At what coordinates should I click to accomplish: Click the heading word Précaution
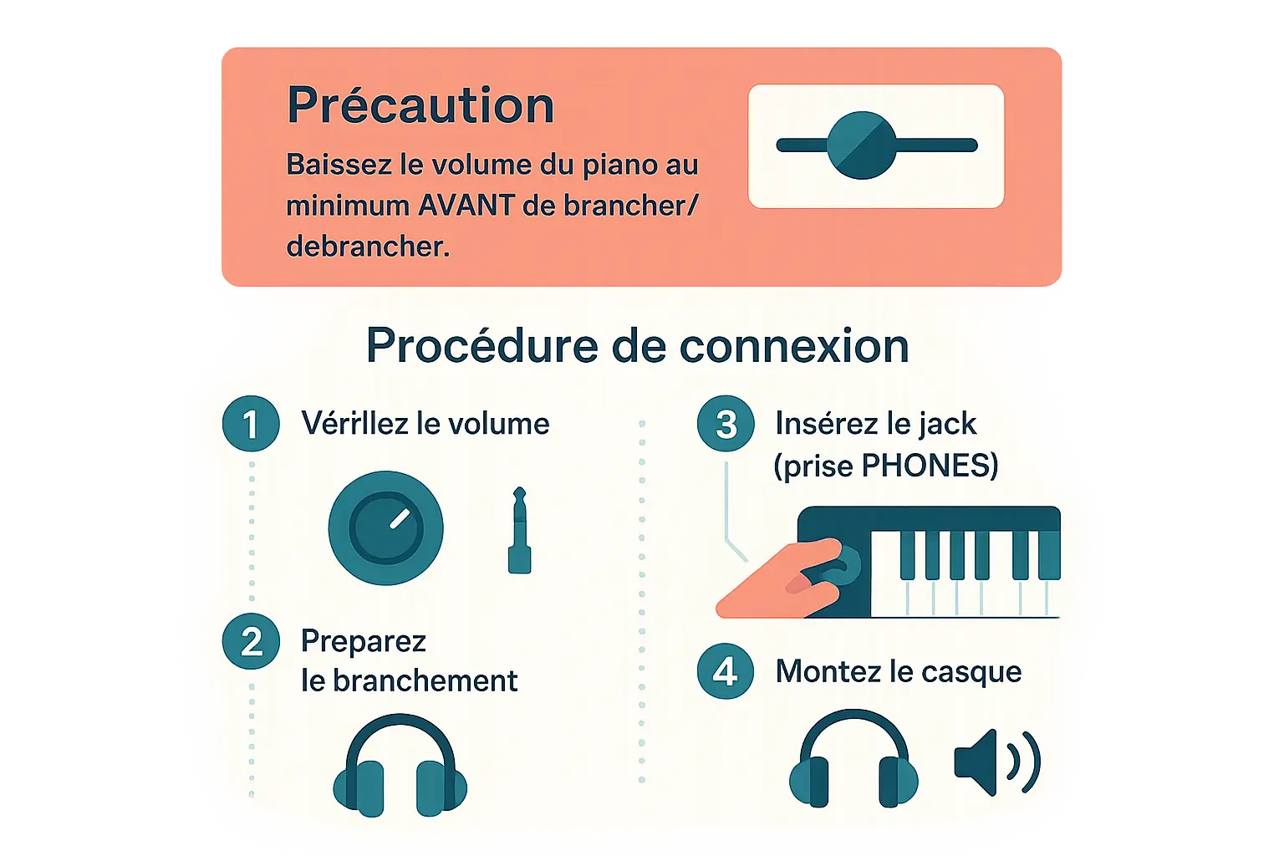click(420, 105)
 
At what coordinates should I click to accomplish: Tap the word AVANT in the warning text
click(465, 206)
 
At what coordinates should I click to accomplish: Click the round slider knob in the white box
click(861, 145)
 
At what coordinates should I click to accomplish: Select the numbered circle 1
click(251, 424)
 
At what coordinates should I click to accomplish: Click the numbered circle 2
click(251, 641)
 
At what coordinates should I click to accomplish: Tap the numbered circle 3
click(726, 424)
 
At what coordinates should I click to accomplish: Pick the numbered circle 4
click(726, 671)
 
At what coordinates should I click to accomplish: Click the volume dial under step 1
click(385, 528)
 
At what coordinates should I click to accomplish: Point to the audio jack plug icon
click(519, 530)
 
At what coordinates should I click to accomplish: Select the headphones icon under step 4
click(853, 758)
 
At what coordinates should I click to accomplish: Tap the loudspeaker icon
click(997, 762)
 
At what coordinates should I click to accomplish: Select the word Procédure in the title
click(482, 346)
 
